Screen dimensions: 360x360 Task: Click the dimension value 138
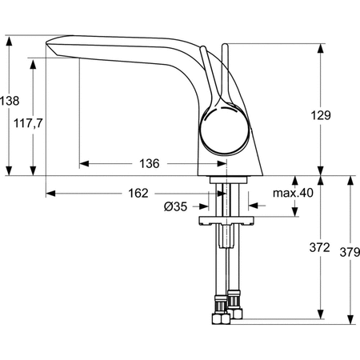pyautogui.click(x=10, y=101)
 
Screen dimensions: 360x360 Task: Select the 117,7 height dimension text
pyautogui.click(x=28, y=123)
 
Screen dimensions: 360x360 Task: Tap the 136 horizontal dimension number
pyautogui.click(x=150, y=163)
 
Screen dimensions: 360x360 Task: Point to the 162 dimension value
pyautogui.click(x=138, y=193)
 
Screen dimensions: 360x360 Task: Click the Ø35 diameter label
pyautogui.click(x=176, y=206)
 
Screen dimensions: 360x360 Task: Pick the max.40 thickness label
pyautogui.click(x=293, y=193)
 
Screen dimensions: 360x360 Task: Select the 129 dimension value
pyautogui.click(x=321, y=115)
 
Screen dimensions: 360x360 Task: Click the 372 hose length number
pyautogui.click(x=320, y=247)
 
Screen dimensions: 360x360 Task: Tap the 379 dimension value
pyautogui.click(x=350, y=252)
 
